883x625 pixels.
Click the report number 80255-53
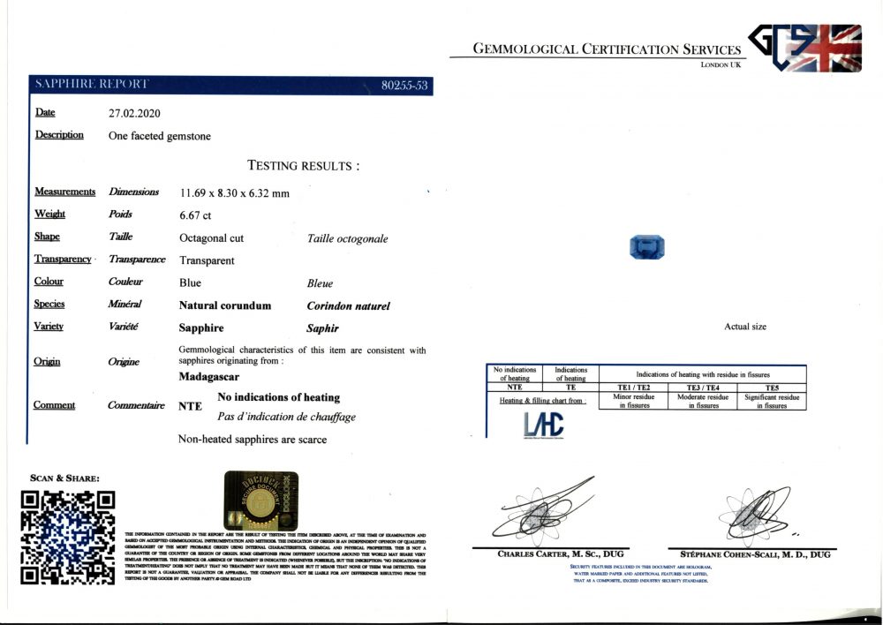(x=404, y=86)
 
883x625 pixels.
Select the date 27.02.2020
(x=134, y=113)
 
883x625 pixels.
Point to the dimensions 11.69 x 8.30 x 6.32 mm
(x=234, y=192)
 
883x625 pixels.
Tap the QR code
(x=69, y=537)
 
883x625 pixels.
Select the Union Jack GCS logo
(x=805, y=48)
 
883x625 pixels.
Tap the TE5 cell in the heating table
(x=771, y=387)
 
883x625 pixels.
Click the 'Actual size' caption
(x=745, y=327)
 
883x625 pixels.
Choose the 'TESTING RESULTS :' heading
(x=303, y=165)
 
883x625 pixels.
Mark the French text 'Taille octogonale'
(x=347, y=238)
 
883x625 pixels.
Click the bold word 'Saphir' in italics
(x=322, y=328)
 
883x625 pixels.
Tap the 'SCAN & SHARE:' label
(x=64, y=478)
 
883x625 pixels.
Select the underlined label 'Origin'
(x=47, y=361)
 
